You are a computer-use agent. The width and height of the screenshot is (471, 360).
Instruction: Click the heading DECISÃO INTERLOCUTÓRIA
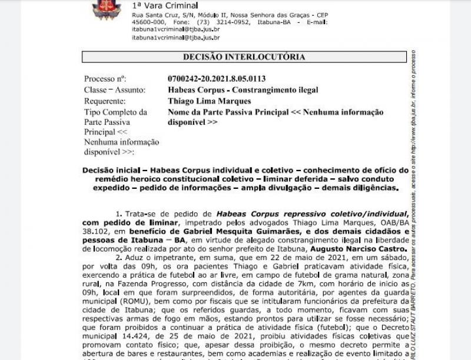pyautogui.click(x=244, y=57)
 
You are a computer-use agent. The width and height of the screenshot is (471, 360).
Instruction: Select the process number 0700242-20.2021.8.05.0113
pyautogui.click(x=217, y=79)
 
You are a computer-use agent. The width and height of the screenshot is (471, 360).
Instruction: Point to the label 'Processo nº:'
pyautogui.click(x=105, y=79)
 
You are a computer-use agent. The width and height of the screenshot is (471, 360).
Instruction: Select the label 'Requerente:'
pyautogui.click(x=105, y=101)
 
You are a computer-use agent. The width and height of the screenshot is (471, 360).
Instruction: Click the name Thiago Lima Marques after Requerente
pyautogui.click(x=201, y=101)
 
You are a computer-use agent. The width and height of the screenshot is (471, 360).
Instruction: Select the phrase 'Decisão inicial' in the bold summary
pyautogui.click(x=109, y=169)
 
